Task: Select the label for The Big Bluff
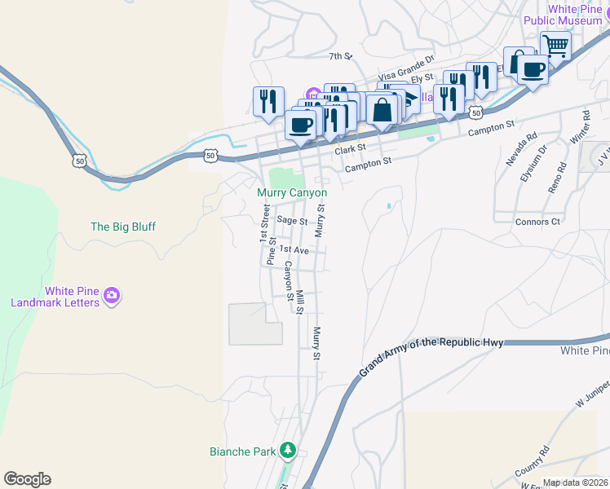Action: pos(122,227)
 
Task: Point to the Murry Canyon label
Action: pos(292,193)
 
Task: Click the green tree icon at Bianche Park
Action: pos(287,450)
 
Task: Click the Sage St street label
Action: pos(291,220)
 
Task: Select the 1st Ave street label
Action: pos(294,250)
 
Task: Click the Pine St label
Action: pos(270,250)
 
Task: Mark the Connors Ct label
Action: pos(537,222)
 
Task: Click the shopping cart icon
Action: pos(555,46)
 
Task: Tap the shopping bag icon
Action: pos(381,108)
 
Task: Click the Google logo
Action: pos(27,479)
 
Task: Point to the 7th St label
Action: pos(339,56)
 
